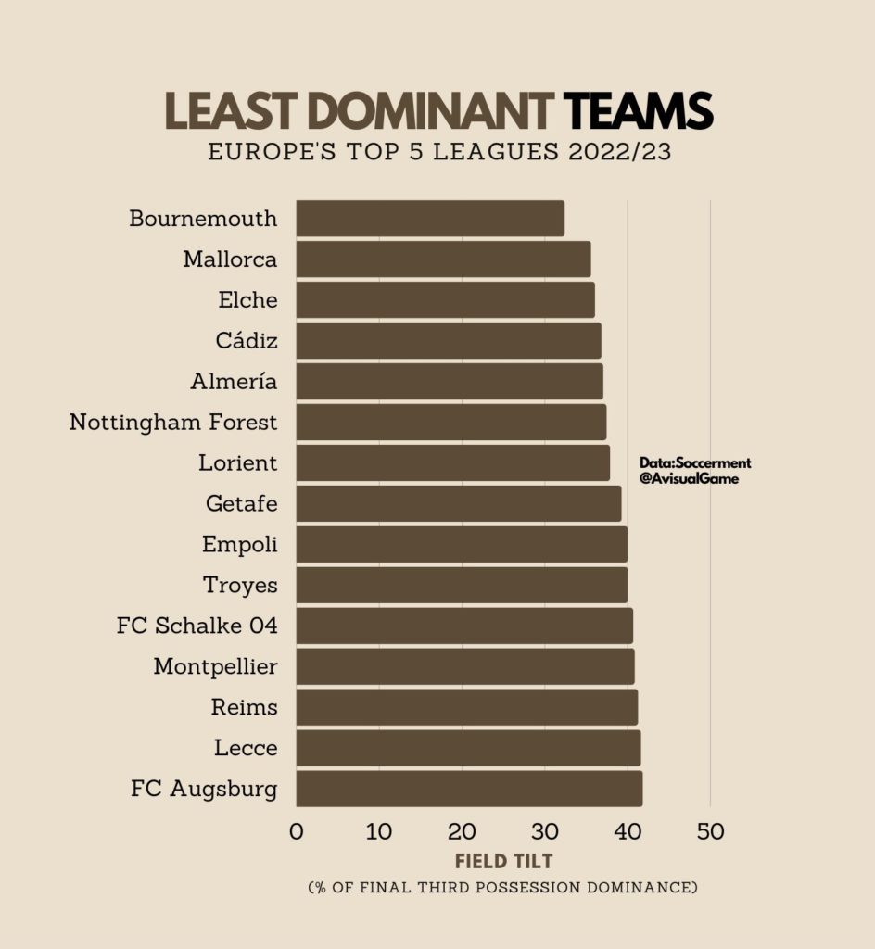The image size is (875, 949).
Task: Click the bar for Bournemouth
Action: [430, 219]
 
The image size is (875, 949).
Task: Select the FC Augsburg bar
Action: [469, 789]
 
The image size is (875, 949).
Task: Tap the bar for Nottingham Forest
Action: [451, 423]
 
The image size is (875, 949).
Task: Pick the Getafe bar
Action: [459, 504]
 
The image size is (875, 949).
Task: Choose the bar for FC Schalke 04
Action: [464, 626]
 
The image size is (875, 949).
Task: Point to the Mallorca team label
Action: [230, 259]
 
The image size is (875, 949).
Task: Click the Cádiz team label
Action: [247, 341]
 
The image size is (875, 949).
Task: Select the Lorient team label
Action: [237, 463]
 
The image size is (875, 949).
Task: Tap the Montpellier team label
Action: [215, 666]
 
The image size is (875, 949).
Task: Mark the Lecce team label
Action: [246, 748]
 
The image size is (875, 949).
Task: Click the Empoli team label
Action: [239, 545]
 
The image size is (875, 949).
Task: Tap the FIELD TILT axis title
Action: [503, 861]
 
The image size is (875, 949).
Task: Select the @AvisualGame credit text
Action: [689, 479]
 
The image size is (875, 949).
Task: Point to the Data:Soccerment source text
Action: [695, 462]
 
